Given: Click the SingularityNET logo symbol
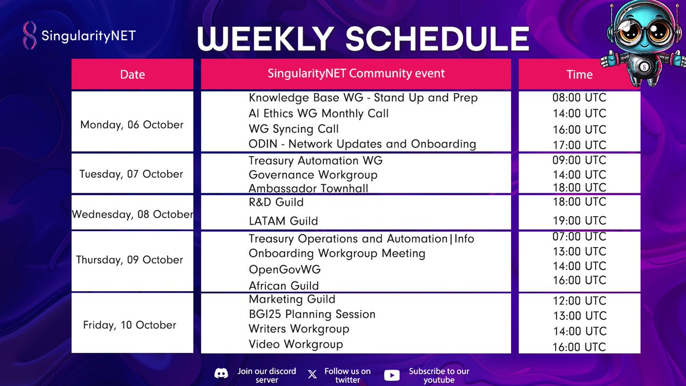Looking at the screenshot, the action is pyautogui.click(x=29, y=35).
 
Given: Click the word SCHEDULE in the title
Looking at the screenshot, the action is pyautogui.click(x=438, y=39).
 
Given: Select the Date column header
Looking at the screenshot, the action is pyautogui.click(x=132, y=74).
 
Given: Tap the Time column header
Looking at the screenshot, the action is pyautogui.click(x=580, y=74).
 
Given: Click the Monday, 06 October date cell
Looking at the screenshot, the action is pyautogui.click(x=132, y=125).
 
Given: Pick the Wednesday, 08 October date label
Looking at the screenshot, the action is pyautogui.click(x=132, y=214).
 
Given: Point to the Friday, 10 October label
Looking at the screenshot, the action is pyautogui.click(x=130, y=325).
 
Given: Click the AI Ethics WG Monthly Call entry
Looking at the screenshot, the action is pyautogui.click(x=318, y=113).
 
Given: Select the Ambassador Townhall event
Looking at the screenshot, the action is pyautogui.click(x=308, y=188).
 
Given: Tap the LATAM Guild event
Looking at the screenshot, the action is pyautogui.click(x=284, y=221).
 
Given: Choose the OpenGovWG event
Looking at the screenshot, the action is pyautogui.click(x=285, y=269).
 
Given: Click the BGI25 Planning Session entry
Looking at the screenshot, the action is pyautogui.click(x=312, y=314).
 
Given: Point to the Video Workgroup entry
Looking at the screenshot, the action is pyautogui.click(x=296, y=344).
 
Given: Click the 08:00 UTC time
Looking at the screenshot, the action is pyautogui.click(x=580, y=97).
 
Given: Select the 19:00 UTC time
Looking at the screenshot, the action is pyautogui.click(x=580, y=221).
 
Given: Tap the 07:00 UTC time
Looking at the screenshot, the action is pyautogui.click(x=580, y=237).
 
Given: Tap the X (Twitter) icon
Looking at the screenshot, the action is pyautogui.click(x=312, y=374).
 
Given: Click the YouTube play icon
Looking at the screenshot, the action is pyautogui.click(x=392, y=375).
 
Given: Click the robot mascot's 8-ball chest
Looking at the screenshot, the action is pyautogui.click(x=644, y=67).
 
